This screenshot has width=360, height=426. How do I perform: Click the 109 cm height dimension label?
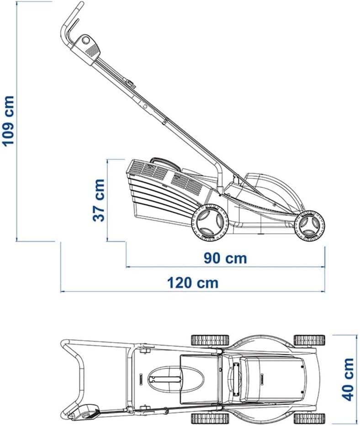pyautogui.click(x=8, y=121)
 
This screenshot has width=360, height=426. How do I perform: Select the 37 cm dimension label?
pyautogui.click(x=99, y=200)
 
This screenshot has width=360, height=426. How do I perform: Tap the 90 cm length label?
pyautogui.click(x=225, y=258)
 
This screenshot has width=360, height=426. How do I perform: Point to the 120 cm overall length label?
pyautogui.click(x=192, y=283)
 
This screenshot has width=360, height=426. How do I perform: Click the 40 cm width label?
pyautogui.click(x=348, y=379)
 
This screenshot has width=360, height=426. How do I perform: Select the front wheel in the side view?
pyautogui.click(x=309, y=225)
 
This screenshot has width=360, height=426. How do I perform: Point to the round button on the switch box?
pyautogui.click(x=86, y=40)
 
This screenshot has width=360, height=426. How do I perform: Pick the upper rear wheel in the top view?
pyautogui.click(x=210, y=340)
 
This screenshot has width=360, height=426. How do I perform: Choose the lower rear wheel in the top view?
pyautogui.click(x=210, y=418)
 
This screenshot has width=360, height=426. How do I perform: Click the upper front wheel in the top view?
pyautogui.click(x=309, y=340)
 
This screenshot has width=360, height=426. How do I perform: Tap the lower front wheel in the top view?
pyautogui.click(x=309, y=418)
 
